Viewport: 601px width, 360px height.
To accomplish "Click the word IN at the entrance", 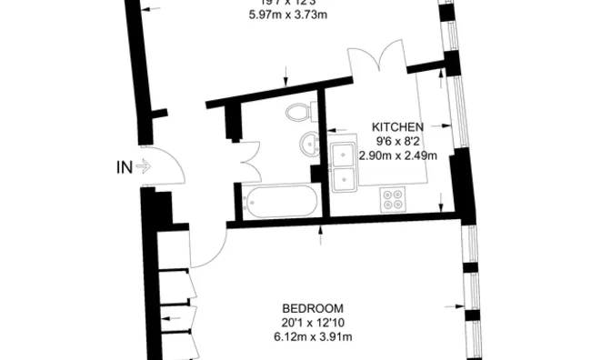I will [x=125, y=166].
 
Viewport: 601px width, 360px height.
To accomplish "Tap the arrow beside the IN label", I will [x=144, y=166].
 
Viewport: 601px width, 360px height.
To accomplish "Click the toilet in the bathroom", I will [x=298, y=112].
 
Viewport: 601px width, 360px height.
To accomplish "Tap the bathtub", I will [x=278, y=201].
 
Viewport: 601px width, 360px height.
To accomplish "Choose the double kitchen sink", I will [x=346, y=167].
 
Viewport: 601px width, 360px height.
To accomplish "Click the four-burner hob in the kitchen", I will [x=396, y=198].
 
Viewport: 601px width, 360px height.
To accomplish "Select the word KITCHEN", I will [x=398, y=127].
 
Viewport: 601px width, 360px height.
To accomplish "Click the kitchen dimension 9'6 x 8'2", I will [x=398, y=142].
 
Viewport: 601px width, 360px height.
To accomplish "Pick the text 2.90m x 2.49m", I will [x=398, y=155].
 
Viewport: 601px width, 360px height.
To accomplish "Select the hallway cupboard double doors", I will [x=245, y=160].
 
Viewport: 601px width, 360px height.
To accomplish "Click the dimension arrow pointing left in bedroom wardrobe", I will [x=167, y=318].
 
